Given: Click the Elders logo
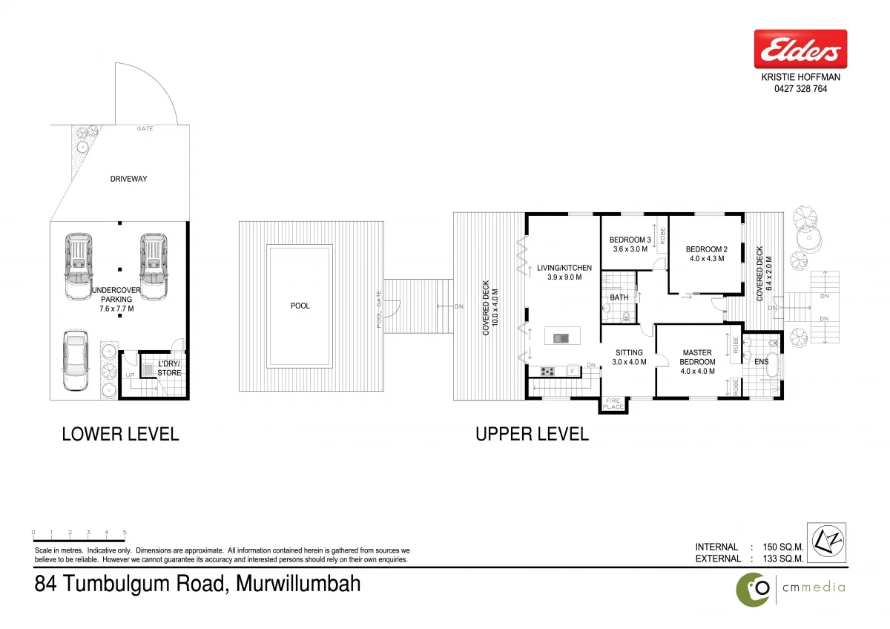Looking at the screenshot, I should pos(800,50).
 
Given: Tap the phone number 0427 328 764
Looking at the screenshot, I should pos(800,89).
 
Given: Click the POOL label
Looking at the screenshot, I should pos(300,306).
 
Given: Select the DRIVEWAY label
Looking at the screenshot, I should pos(129,179).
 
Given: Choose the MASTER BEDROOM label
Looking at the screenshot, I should pos(698,357).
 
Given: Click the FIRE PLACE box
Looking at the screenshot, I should pos(613,404).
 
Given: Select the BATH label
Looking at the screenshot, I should pos(619,297).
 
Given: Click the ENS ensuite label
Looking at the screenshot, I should pos(762,361).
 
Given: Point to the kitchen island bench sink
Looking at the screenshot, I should pos(561,338).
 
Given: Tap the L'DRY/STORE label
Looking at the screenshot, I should pos(169,368).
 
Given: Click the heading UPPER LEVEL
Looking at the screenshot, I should pos(532,434).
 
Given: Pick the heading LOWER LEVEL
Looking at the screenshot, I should pos(120,434).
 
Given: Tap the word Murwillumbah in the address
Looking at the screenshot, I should pos(298,584).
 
